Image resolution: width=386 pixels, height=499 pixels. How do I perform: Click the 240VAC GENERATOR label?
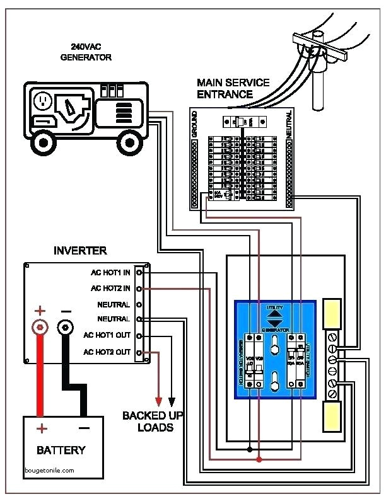click(x=86, y=52)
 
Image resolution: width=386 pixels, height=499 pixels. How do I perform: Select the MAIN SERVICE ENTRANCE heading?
click(x=233, y=88)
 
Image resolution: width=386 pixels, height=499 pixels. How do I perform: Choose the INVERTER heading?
click(x=80, y=251)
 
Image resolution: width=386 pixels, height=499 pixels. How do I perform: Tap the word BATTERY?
click(x=61, y=450)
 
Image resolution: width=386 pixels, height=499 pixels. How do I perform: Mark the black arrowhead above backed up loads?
click(x=172, y=401)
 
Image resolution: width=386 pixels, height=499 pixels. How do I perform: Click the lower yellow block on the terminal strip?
click(x=332, y=416)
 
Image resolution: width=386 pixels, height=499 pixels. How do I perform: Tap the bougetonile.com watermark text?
click(x=50, y=470)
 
